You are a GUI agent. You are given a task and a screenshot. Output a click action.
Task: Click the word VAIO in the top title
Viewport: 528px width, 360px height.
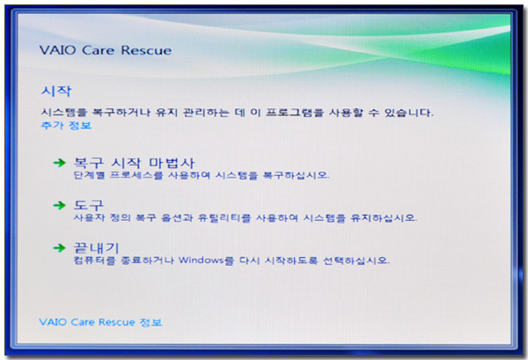(58, 50)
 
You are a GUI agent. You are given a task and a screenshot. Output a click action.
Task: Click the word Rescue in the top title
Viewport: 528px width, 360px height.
(146, 50)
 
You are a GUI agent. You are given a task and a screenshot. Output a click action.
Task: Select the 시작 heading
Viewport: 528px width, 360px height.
(56, 92)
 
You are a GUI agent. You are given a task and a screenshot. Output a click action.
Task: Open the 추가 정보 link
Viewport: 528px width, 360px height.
(66, 125)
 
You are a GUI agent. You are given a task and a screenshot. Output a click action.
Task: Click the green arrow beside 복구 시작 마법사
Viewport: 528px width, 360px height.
(60, 163)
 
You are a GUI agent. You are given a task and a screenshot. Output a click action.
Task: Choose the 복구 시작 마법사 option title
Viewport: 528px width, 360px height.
(135, 163)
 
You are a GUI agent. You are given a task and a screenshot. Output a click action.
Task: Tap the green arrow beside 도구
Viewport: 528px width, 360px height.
(60, 205)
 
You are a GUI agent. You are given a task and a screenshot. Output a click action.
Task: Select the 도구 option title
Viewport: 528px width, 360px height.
(89, 205)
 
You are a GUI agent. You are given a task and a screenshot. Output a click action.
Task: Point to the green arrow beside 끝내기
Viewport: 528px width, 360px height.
(60, 248)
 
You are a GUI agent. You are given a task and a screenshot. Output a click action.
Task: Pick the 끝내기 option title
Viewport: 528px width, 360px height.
(96, 248)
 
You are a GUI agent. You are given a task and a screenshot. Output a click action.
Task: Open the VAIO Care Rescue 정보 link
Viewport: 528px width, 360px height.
(100, 322)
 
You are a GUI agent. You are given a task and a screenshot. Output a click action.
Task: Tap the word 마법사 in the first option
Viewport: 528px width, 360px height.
(172, 163)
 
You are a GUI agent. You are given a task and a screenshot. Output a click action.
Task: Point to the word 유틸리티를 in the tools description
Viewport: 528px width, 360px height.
(224, 218)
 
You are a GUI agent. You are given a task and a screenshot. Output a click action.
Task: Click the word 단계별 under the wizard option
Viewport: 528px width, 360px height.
(90, 175)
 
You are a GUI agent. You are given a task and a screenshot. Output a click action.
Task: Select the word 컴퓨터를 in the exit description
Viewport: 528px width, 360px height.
(95, 261)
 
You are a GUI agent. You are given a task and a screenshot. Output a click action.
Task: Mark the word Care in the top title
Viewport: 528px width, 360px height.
(99, 50)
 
